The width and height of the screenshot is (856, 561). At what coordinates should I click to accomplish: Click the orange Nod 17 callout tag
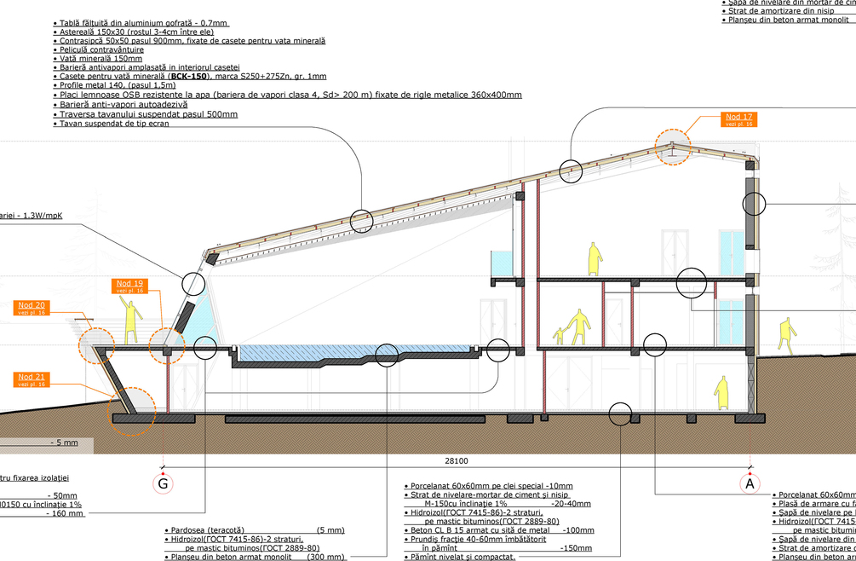point(738,119)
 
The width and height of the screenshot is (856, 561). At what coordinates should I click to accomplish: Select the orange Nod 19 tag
point(127,286)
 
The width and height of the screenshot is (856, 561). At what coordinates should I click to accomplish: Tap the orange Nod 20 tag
point(32,308)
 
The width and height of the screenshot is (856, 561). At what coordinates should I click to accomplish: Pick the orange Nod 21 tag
point(32,379)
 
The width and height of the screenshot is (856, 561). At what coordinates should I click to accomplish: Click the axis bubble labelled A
point(750,483)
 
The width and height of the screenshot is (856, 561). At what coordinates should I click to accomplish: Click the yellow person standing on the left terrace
point(131,321)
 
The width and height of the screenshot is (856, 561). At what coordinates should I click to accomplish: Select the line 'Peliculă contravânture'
point(102,49)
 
